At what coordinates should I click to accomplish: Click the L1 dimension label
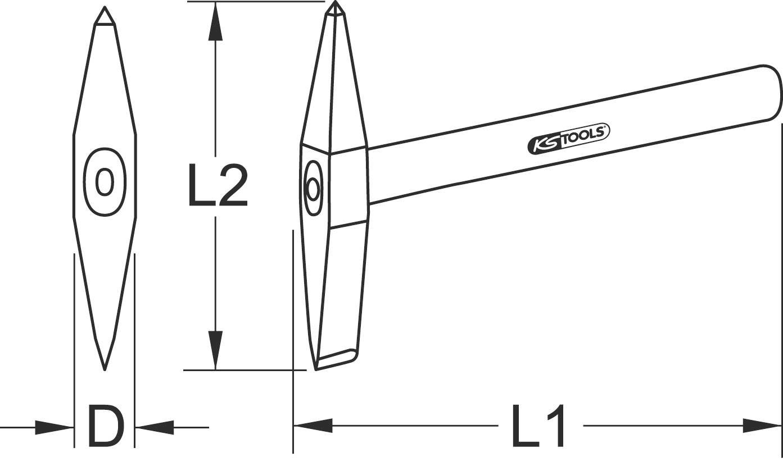point(538,426)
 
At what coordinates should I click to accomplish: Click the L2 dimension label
point(218,185)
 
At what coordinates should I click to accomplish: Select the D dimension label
point(105,427)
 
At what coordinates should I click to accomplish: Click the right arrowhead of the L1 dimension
point(762,426)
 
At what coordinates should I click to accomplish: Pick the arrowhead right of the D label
point(154,427)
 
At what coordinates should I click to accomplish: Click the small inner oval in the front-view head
point(105,182)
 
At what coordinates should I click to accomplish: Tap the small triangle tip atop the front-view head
point(105,17)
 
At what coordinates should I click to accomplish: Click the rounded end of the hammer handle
point(773,93)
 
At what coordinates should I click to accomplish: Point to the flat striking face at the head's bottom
point(336,359)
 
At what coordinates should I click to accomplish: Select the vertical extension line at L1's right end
point(781,281)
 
